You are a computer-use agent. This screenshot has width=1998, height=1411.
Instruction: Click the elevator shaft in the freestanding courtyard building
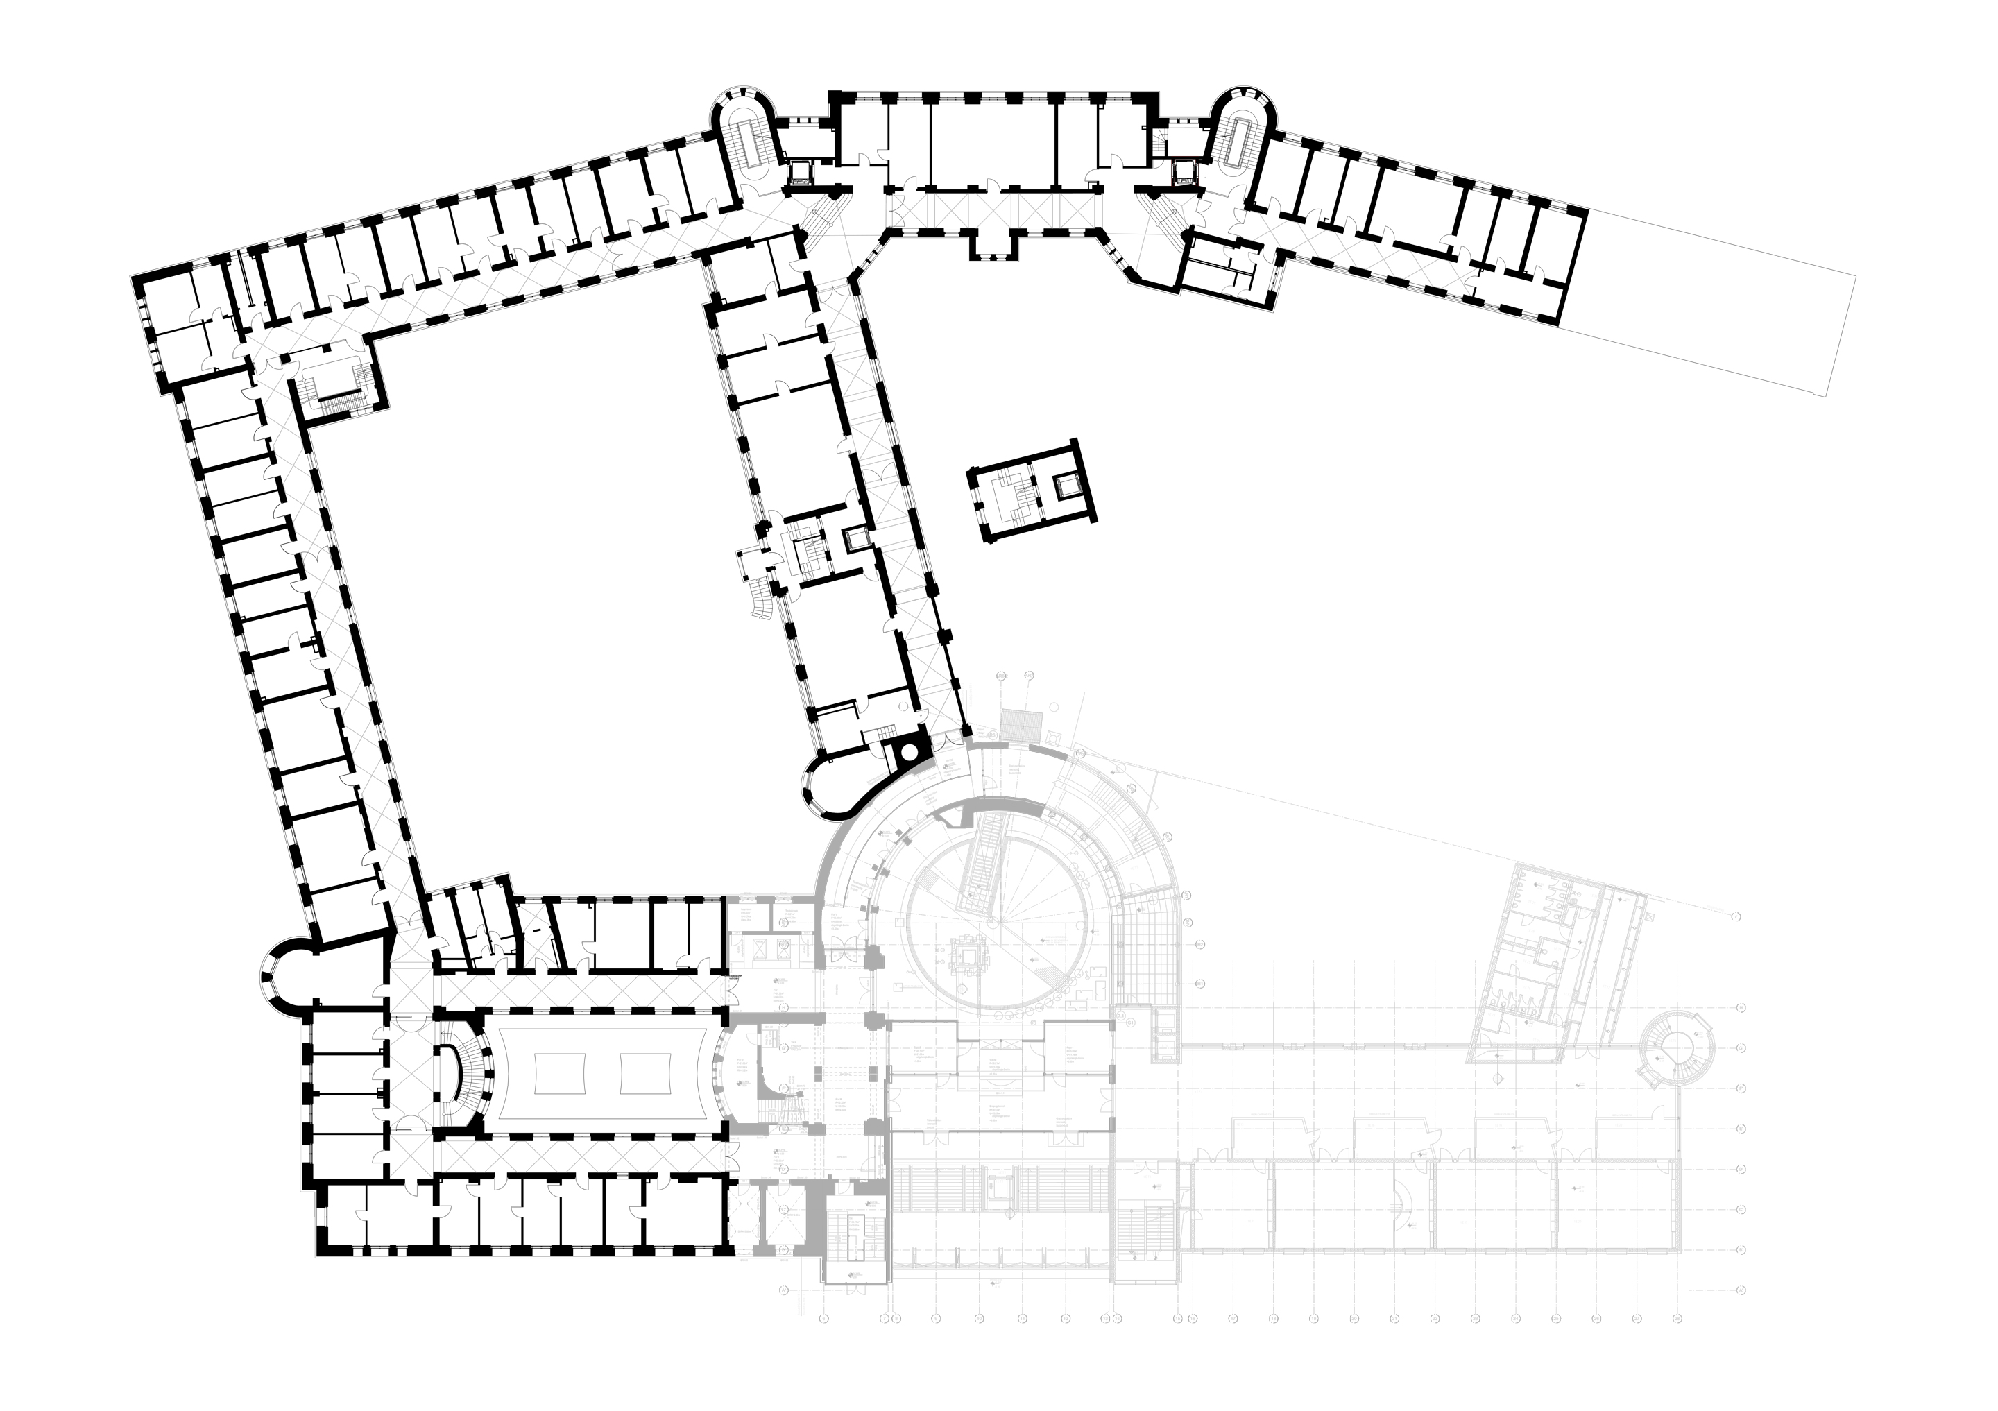click(x=1065, y=486)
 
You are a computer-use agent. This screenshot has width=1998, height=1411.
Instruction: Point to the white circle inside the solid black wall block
click(x=907, y=751)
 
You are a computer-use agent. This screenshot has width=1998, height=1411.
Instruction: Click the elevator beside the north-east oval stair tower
click(x=1184, y=170)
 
